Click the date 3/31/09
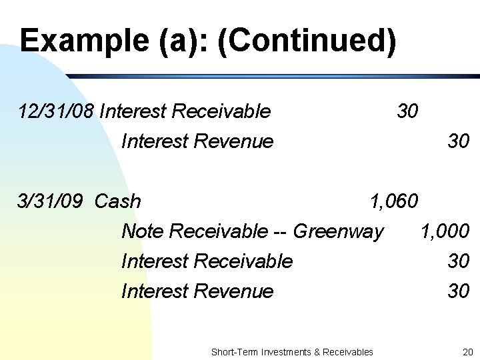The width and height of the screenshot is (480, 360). (x=53, y=201)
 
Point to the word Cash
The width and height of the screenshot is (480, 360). (x=118, y=201)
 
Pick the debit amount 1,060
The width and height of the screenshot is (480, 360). (x=394, y=201)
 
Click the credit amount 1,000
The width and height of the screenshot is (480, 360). (x=445, y=231)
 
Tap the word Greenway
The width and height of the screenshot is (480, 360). (x=339, y=231)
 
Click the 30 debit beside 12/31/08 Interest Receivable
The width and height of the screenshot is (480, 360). (x=407, y=111)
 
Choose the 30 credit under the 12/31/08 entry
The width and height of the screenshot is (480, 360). (x=459, y=141)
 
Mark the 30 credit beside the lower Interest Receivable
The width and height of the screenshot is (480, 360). (x=459, y=261)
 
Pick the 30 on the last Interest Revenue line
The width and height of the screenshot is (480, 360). (x=459, y=291)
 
